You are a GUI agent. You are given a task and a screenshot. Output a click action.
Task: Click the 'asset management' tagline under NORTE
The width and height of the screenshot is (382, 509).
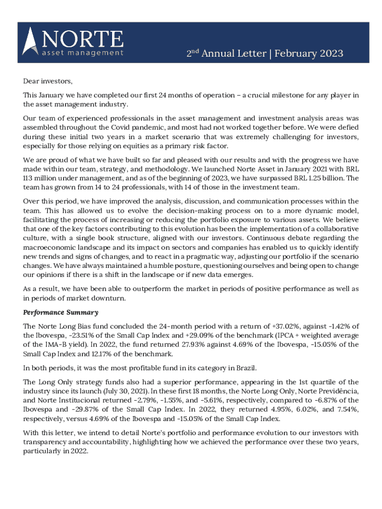tap(82, 52)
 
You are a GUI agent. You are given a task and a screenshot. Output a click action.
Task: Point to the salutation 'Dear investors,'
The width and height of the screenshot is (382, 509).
tap(48, 81)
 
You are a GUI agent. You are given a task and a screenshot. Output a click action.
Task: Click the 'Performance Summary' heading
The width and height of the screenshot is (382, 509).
tap(61, 313)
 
